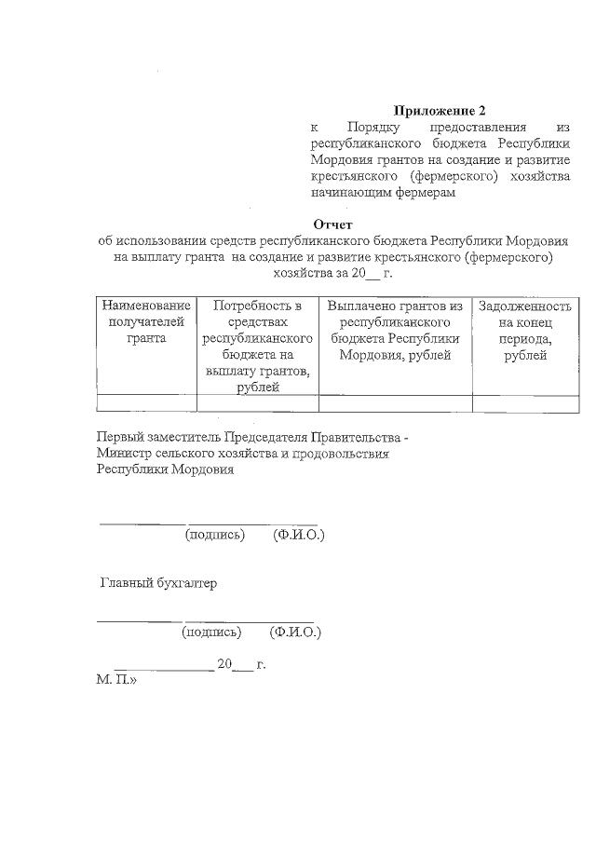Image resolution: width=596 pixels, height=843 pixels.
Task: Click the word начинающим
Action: click(351, 194)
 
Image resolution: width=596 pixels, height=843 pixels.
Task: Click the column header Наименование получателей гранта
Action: click(146, 321)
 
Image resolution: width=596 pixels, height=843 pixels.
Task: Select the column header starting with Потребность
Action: click(257, 346)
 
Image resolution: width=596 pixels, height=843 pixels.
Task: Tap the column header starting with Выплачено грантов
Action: click(395, 330)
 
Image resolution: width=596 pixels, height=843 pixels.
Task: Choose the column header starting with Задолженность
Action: click(524, 330)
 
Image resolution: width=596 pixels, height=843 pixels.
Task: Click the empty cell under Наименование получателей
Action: click(146, 403)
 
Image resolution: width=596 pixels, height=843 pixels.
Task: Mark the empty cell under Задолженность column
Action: click(524, 403)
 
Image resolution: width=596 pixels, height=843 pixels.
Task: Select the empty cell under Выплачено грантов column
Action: click(395, 403)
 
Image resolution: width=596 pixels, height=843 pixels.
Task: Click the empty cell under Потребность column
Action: click(257, 403)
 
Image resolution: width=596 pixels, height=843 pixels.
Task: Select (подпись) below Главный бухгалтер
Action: click(211, 632)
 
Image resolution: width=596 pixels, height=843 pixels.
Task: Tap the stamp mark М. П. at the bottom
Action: click(115, 681)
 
